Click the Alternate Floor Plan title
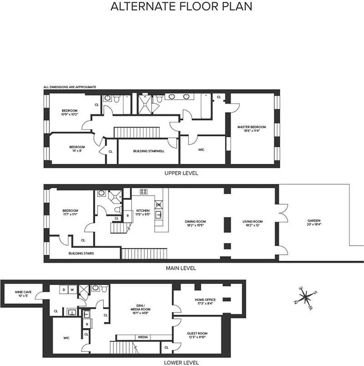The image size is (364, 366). coord(181,7)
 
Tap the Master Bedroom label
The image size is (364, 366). coord(251,129)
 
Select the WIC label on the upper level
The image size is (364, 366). coord(201,150)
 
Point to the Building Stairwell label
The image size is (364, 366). coord(148,150)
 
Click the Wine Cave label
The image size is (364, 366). coord(22,293)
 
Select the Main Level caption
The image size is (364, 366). coord(182,268)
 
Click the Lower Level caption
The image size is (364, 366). coord(182,362)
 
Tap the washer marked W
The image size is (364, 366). coord(72,289)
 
